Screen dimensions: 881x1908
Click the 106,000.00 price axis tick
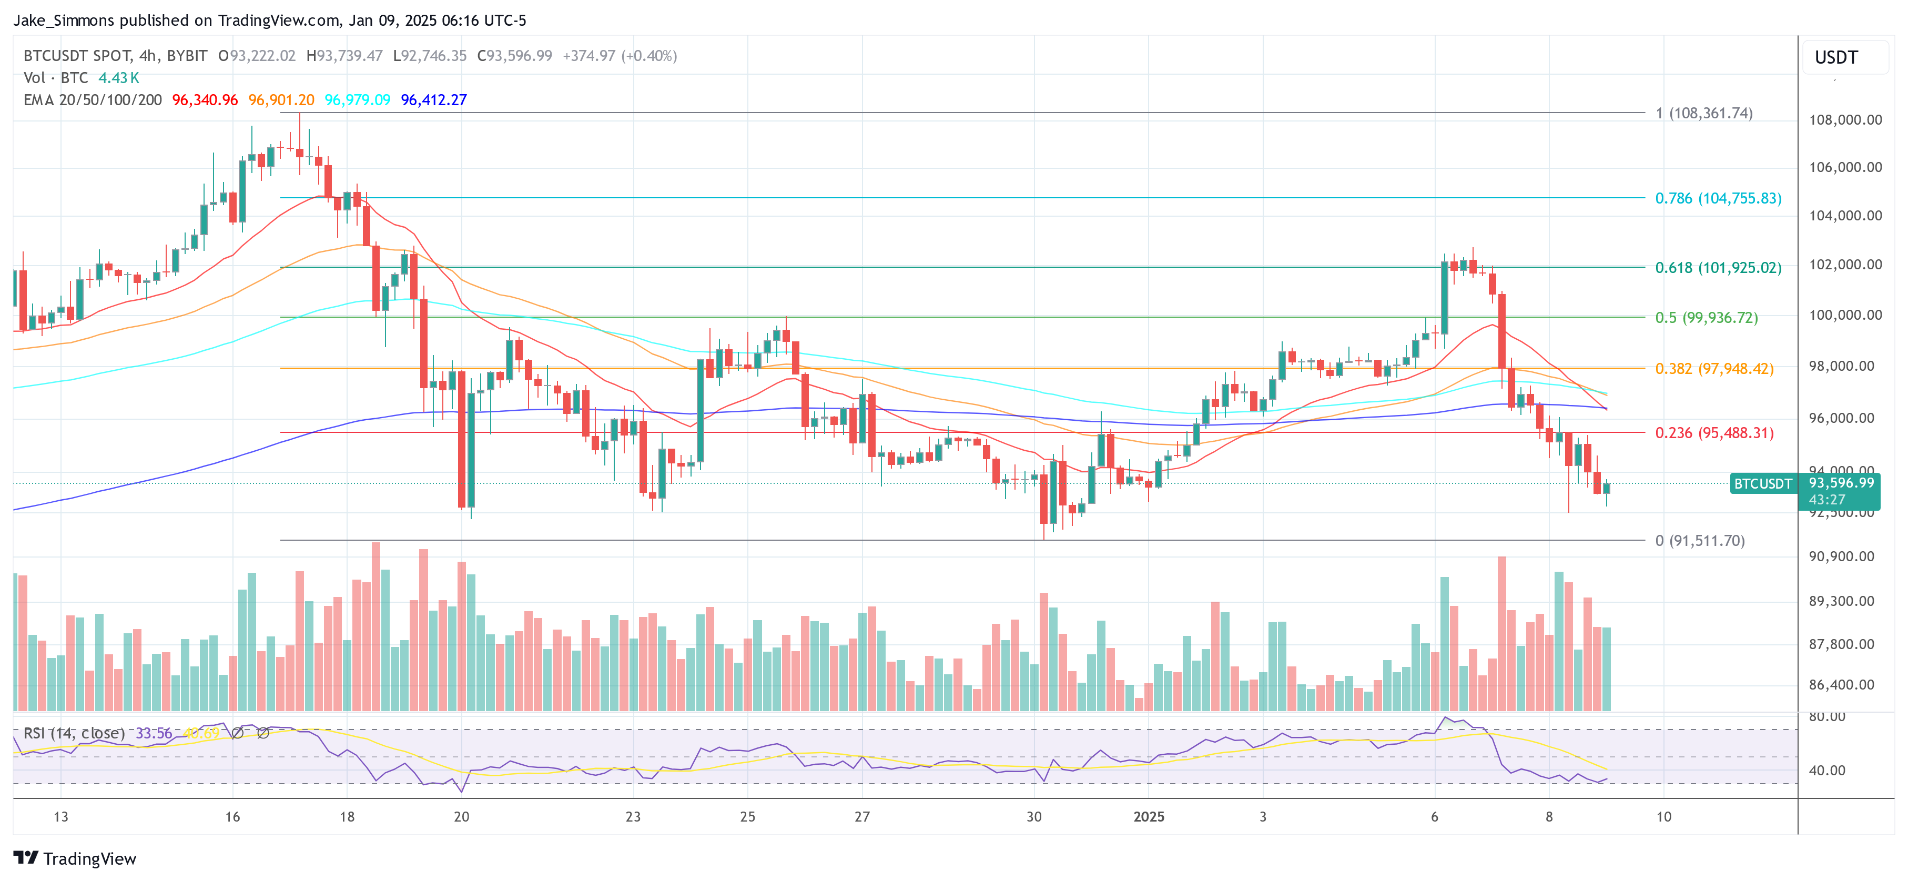click(x=1844, y=167)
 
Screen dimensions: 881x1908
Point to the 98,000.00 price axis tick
click(x=1844, y=366)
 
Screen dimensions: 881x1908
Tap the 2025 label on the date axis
click(x=1148, y=816)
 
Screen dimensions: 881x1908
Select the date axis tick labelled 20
click(x=461, y=816)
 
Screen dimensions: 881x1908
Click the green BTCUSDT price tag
click(x=1763, y=484)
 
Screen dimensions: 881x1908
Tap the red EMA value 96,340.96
click(x=205, y=100)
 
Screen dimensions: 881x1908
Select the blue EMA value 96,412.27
click(x=433, y=100)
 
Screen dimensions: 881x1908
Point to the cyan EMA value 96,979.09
click(x=357, y=100)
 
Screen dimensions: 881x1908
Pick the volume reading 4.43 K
click(x=118, y=78)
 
